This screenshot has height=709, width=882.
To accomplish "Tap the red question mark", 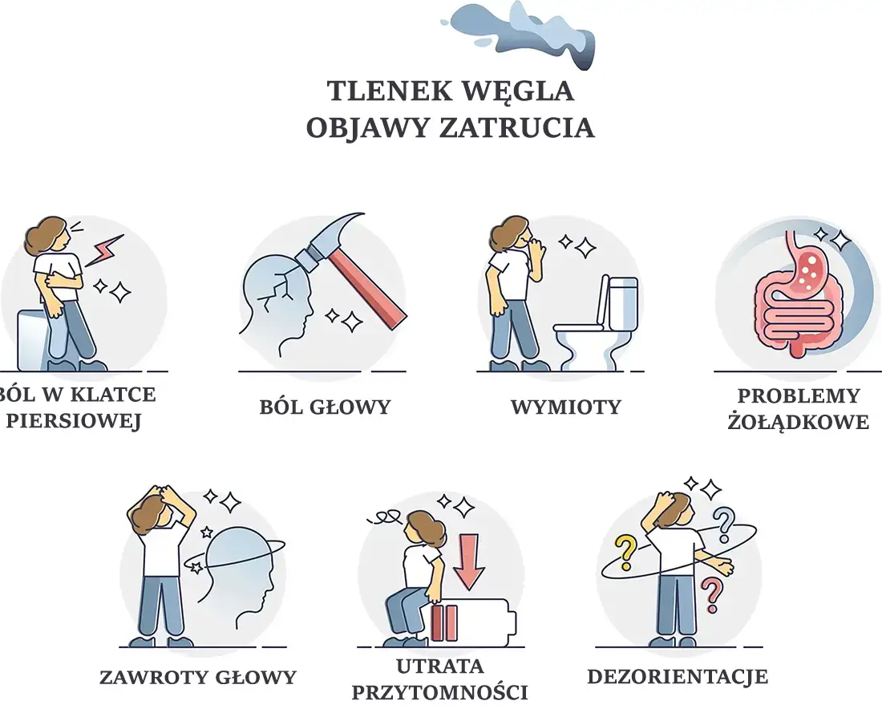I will (709, 596).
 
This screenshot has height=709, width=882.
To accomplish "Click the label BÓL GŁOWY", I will (325, 407).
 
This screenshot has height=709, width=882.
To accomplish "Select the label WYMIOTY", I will (565, 407).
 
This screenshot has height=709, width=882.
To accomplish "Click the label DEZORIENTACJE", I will (678, 676).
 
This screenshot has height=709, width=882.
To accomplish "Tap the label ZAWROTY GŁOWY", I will (198, 677).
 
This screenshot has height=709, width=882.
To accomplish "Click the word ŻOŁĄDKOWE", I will (798, 422).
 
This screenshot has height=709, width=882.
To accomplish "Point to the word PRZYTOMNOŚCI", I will (439, 691).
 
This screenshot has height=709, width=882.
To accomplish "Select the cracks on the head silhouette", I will (280, 284).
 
